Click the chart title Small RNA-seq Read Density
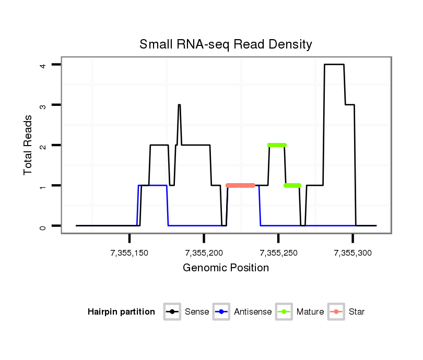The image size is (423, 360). pyautogui.click(x=226, y=44)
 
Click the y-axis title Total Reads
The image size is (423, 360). pyautogui.click(x=28, y=145)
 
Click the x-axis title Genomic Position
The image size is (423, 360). pyautogui.click(x=226, y=268)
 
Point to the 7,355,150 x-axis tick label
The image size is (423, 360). pyautogui.click(x=130, y=253)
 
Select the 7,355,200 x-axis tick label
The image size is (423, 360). pyautogui.click(x=204, y=253)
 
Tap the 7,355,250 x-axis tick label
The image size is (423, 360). pyautogui.click(x=278, y=253)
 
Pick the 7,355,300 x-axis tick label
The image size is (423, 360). pyautogui.click(x=352, y=253)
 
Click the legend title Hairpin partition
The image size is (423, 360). pyautogui.click(x=122, y=312)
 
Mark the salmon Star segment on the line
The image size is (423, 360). pyautogui.click(x=240, y=185)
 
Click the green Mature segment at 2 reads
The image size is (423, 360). pyautogui.click(x=277, y=145)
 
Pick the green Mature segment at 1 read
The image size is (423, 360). pyautogui.click(x=292, y=185)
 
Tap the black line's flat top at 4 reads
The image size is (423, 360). pyautogui.click(x=334, y=65)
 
